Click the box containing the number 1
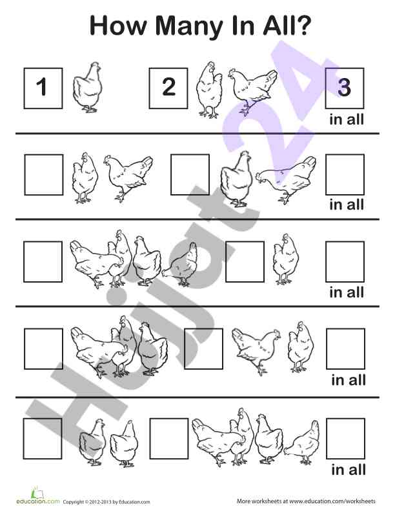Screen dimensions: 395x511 coord(43,88)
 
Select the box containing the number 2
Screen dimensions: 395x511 coord(168,88)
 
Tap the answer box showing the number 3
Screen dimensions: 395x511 coord(345,88)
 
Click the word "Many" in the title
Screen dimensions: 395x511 coord(189,26)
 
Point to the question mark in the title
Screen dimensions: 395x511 coord(304,25)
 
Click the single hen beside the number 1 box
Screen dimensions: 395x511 coord(87,87)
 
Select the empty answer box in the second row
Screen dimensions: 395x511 coord(345,175)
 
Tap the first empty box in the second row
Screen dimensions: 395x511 coord(44,175)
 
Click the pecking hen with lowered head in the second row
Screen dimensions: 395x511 coord(286,179)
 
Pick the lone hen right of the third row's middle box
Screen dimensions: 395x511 coord(285,259)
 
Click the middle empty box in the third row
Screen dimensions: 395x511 coord(245,262)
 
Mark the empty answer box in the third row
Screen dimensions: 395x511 coord(345,262)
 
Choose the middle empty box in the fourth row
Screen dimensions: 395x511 coord(204,348)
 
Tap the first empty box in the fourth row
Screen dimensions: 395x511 coord(43,348)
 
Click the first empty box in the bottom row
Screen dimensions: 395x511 coord(43,439)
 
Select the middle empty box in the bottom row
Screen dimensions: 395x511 coord(169,439)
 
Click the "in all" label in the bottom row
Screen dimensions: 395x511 coord(349,470)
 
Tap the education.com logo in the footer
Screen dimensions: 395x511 coord(38,496)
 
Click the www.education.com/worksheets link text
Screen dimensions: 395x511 coord(332,501)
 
